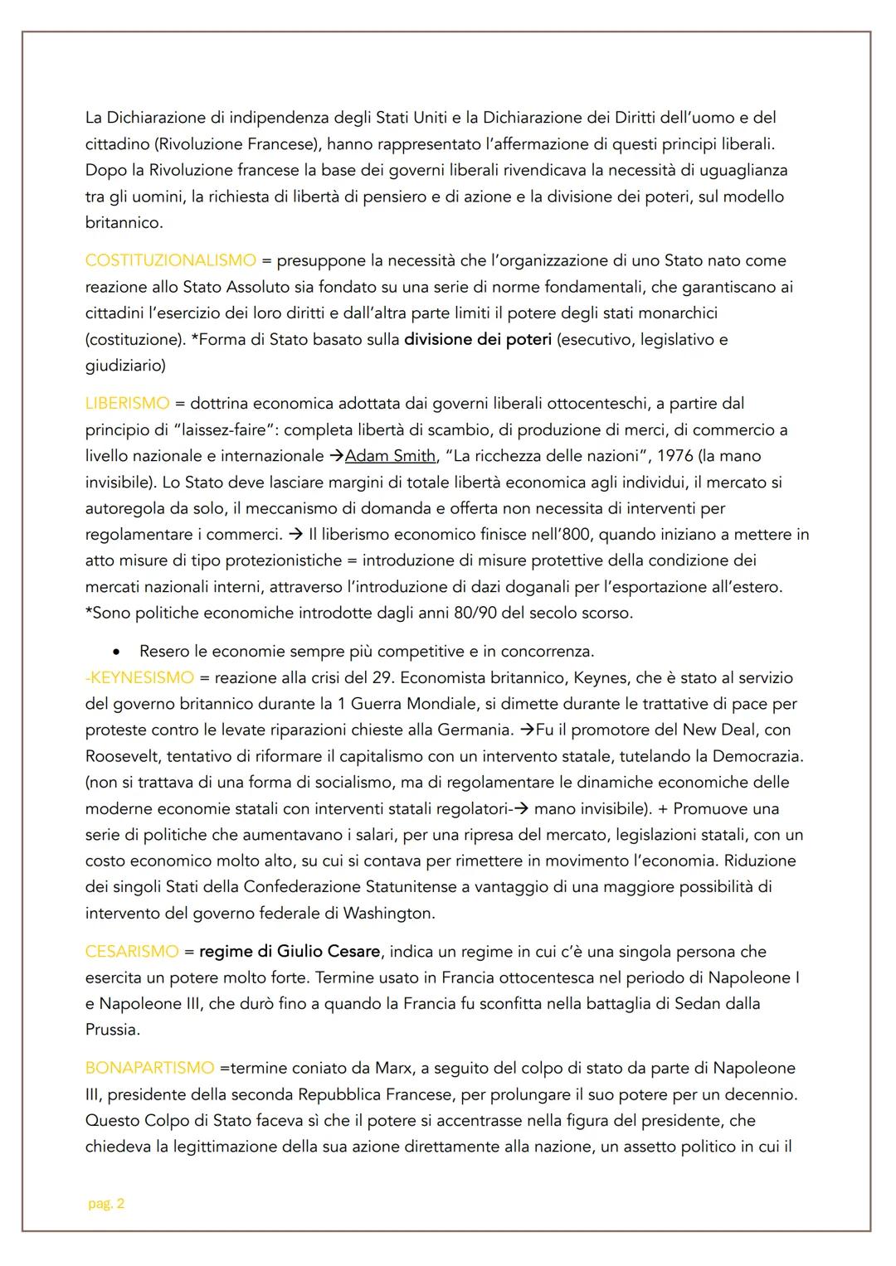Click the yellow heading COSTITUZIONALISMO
(x=170, y=260)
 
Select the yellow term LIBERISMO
(x=127, y=403)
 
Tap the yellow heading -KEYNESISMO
(x=139, y=677)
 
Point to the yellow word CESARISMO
(x=132, y=951)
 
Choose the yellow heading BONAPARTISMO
(x=149, y=1068)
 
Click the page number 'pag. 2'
(x=106, y=1204)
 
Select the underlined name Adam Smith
(x=390, y=455)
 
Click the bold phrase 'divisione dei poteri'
(x=477, y=339)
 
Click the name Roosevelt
(x=125, y=756)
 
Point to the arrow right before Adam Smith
(x=336, y=455)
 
